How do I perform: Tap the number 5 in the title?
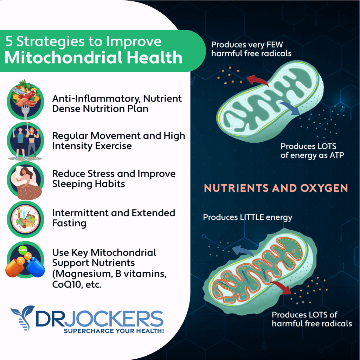tap(9, 41)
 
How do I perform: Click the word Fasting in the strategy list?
tap(69, 224)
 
